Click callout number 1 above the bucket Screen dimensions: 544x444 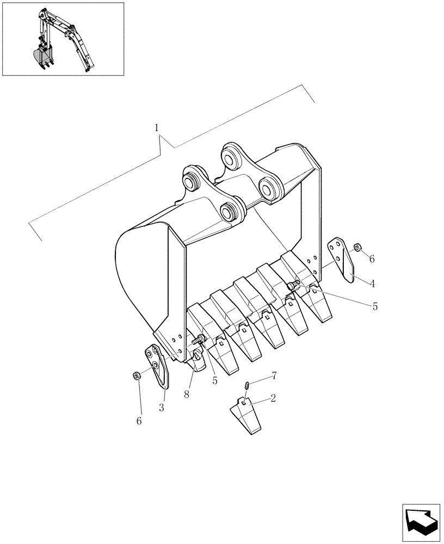[x=157, y=128]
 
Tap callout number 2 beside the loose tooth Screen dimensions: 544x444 [x=273, y=398]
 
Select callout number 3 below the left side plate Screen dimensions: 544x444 [x=162, y=408]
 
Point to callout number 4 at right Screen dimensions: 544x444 [x=372, y=283]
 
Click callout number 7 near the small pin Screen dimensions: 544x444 [x=274, y=375]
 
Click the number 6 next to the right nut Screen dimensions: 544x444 [x=372, y=259]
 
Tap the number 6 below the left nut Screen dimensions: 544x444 [x=139, y=421]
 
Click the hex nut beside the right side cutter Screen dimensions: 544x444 [x=357, y=248]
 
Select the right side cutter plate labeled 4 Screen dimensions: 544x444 [x=342, y=261]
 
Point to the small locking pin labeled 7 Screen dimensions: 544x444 [x=247, y=385]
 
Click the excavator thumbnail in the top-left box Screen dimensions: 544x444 [x=63, y=39]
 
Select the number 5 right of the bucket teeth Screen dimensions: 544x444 [x=375, y=307]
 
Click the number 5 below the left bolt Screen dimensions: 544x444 [x=214, y=381]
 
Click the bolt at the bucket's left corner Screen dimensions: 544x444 [x=199, y=341]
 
